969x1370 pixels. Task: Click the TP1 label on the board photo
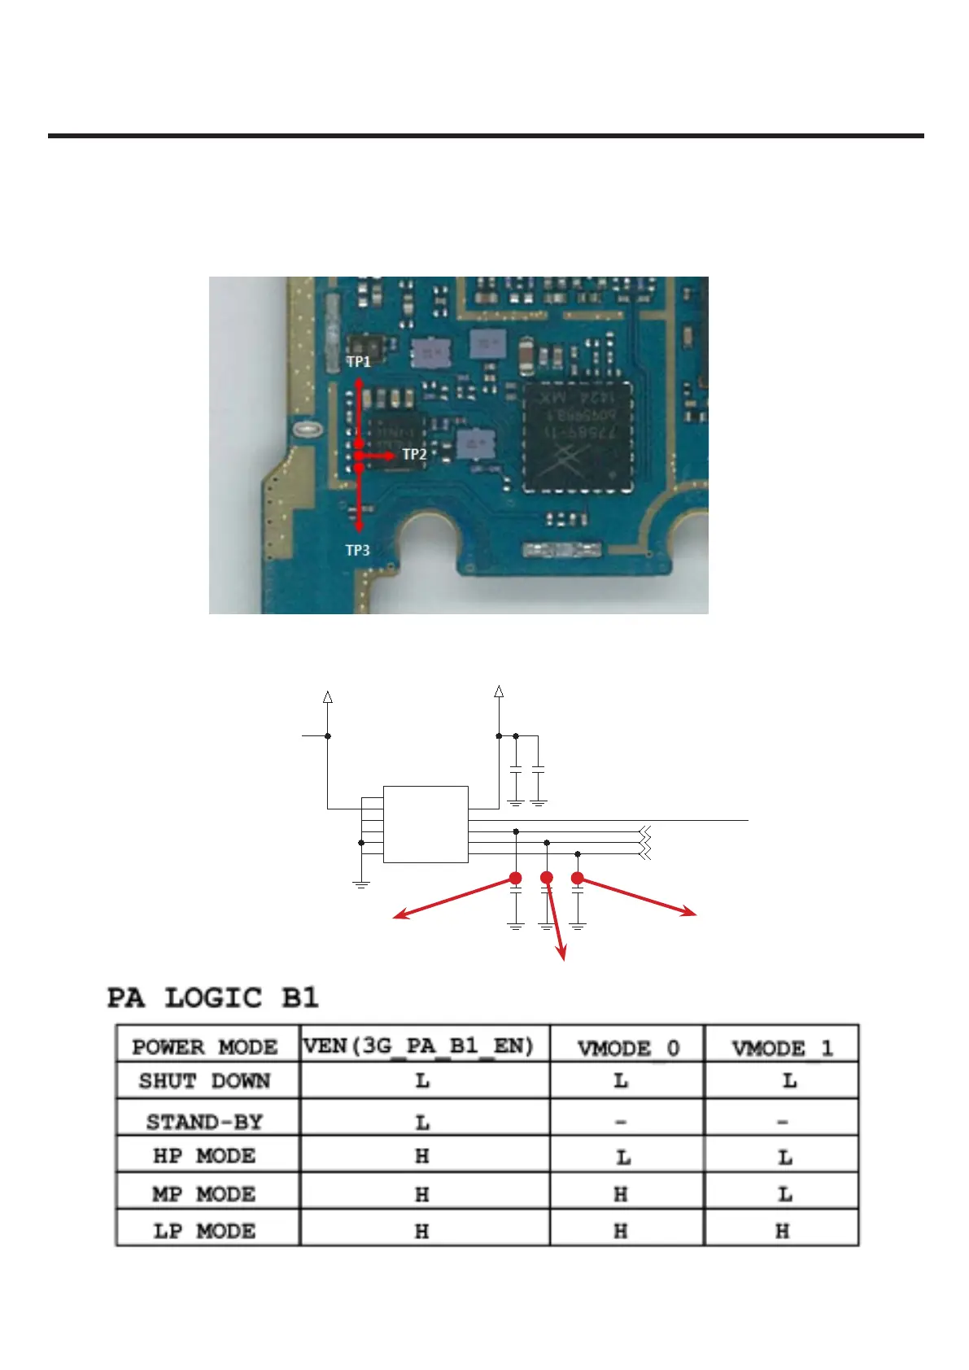point(359,361)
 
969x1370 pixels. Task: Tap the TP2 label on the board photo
point(414,454)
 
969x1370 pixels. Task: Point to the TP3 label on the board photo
point(357,551)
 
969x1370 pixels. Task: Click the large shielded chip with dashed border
point(578,436)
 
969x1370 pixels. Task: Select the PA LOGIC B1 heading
point(213,998)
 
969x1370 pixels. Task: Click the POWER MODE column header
point(205,1046)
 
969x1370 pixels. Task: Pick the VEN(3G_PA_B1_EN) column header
point(418,1045)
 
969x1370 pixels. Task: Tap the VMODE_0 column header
point(627,1048)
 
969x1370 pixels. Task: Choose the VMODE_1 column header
point(782,1048)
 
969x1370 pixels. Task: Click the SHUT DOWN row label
point(204,1081)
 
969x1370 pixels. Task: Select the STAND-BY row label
point(204,1122)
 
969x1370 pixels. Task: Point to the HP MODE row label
point(204,1156)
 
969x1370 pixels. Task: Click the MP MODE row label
point(204,1194)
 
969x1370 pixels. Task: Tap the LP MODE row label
point(204,1231)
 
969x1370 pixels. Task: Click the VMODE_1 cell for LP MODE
point(782,1232)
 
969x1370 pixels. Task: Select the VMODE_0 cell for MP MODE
point(621,1194)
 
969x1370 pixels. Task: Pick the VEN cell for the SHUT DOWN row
point(422,1082)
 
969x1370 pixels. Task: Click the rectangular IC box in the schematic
point(426,824)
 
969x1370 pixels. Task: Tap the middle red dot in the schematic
point(547,878)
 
